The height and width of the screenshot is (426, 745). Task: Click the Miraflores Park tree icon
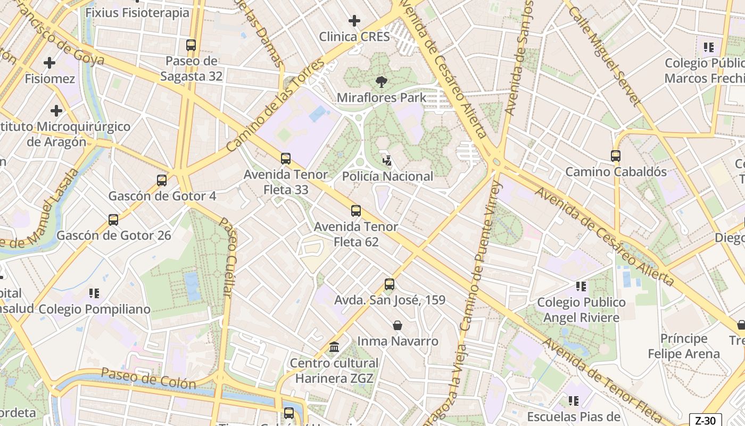click(x=381, y=82)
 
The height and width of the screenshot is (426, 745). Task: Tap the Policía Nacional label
click(x=387, y=176)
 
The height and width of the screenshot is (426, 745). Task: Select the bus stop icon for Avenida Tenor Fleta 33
click(x=286, y=159)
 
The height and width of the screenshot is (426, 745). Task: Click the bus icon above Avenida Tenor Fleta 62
click(x=356, y=211)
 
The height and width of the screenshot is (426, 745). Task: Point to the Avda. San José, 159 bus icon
click(x=390, y=284)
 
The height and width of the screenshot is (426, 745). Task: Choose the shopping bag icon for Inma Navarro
click(x=397, y=325)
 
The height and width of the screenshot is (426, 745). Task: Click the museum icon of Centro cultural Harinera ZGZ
click(x=334, y=347)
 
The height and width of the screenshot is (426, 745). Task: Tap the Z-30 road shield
click(x=706, y=420)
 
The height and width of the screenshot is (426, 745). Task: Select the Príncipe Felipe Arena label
click(x=683, y=346)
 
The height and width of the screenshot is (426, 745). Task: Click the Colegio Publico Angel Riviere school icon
click(x=581, y=286)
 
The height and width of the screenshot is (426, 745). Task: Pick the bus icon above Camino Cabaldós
click(x=616, y=156)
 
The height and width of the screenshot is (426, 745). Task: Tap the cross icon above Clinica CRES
click(x=354, y=21)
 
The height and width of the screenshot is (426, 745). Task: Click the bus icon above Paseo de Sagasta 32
click(x=191, y=45)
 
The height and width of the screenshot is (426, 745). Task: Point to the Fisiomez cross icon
click(x=49, y=63)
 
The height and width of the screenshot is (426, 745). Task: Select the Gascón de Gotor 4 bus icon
click(x=162, y=181)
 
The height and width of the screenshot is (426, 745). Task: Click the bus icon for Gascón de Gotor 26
click(x=113, y=219)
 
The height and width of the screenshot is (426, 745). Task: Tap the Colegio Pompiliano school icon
click(x=95, y=293)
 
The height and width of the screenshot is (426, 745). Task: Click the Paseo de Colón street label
click(x=148, y=378)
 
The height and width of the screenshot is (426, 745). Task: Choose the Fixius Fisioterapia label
click(x=137, y=12)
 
